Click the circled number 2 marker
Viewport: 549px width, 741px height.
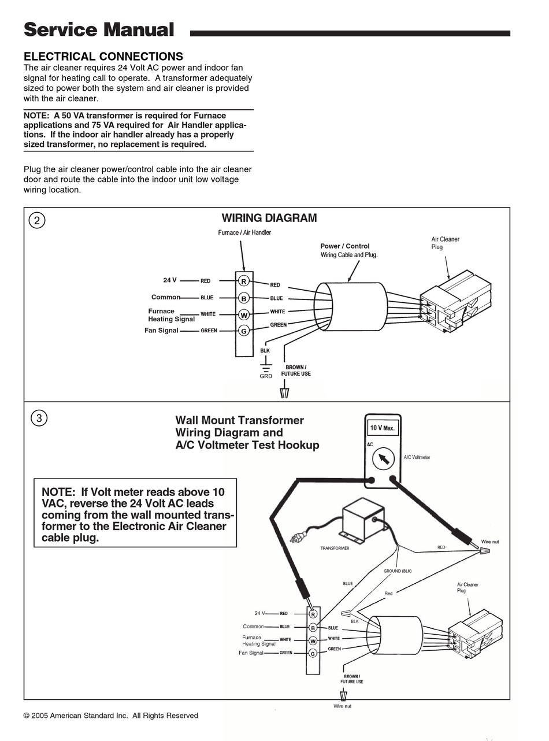coord(37,220)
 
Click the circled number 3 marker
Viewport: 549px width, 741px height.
coord(39,418)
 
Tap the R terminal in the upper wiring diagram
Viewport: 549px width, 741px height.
coord(244,281)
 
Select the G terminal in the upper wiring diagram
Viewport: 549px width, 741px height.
coord(244,331)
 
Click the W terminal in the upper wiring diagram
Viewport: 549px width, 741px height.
coord(244,314)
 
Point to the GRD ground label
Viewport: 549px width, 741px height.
coord(265,376)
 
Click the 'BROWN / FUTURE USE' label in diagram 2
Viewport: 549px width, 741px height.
coord(296,370)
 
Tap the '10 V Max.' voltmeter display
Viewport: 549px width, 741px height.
coord(382,428)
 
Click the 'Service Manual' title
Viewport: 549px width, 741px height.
coord(98,29)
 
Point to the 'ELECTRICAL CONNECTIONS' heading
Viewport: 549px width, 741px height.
coord(103,57)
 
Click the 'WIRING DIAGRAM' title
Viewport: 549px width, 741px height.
coord(269,218)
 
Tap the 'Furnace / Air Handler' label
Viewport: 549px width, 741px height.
coord(244,232)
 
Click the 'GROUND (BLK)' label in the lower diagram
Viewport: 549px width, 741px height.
coord(398,571)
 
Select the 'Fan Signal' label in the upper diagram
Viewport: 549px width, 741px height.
coord(161,331)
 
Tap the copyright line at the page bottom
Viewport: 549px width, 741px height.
coord(110,716)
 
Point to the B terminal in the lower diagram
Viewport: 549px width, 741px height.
coord(313,627)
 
